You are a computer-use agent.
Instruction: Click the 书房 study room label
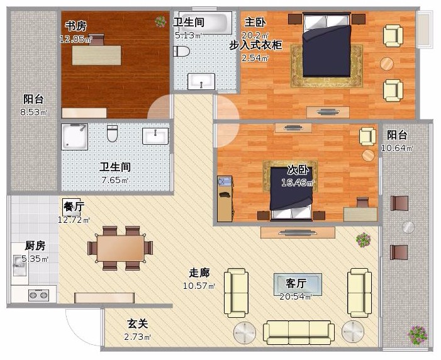point(76,26)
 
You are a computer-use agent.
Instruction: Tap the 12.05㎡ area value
point(75,39)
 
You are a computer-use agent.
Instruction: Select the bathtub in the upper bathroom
point(205,21)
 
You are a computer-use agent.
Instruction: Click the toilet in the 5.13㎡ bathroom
point(181,51)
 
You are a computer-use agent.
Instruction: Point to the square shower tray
point(74,137)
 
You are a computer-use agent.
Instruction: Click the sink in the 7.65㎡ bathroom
point(155,136)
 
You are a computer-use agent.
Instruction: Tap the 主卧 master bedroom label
point(255,22)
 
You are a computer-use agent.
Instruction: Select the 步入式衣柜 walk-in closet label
point(255,45)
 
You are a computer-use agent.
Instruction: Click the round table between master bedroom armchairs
point(387,64)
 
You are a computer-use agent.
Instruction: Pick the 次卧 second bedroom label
point(298,170)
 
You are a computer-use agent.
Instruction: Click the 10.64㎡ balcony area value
point(397,148)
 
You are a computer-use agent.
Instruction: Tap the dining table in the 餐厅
point(120,248)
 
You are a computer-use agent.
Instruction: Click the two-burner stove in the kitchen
point(38,295)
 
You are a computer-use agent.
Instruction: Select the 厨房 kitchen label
point(35,245)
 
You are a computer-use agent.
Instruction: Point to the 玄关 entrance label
point(138,323)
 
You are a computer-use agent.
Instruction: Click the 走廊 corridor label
point(199,273)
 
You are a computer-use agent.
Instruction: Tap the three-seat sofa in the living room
point(299,332)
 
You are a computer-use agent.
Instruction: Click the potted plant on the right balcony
point(418,335)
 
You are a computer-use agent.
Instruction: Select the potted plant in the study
point(160,21)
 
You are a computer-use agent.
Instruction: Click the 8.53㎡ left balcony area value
point(33,112)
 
